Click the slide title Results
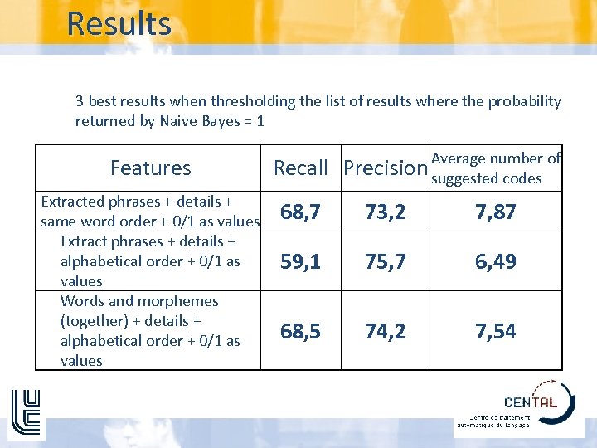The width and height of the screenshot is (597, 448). (x=119, y=23)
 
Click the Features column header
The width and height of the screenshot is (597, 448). (x=150, y=168)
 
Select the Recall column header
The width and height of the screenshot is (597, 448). (x=301, y=168)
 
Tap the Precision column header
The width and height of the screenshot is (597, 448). (x=385, y=168)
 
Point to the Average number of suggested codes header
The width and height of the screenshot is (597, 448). (x=496, y=168)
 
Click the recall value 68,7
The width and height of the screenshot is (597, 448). (x=300, y=212)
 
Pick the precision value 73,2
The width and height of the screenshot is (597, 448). (x=386, y=212)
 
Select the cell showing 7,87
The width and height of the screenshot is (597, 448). (x=496, y=212)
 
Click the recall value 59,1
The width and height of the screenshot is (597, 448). (x=300, y=261)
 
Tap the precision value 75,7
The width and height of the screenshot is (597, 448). (x=386, y=261)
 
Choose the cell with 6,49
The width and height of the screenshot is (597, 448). (x=496, y=261)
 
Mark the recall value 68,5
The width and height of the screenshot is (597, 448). (x=300, y=331)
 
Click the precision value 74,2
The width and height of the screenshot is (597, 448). (x=386, y=331)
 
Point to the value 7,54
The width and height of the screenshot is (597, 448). (x=496, y=331)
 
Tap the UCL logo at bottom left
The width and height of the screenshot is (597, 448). (x=26, y=413)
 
